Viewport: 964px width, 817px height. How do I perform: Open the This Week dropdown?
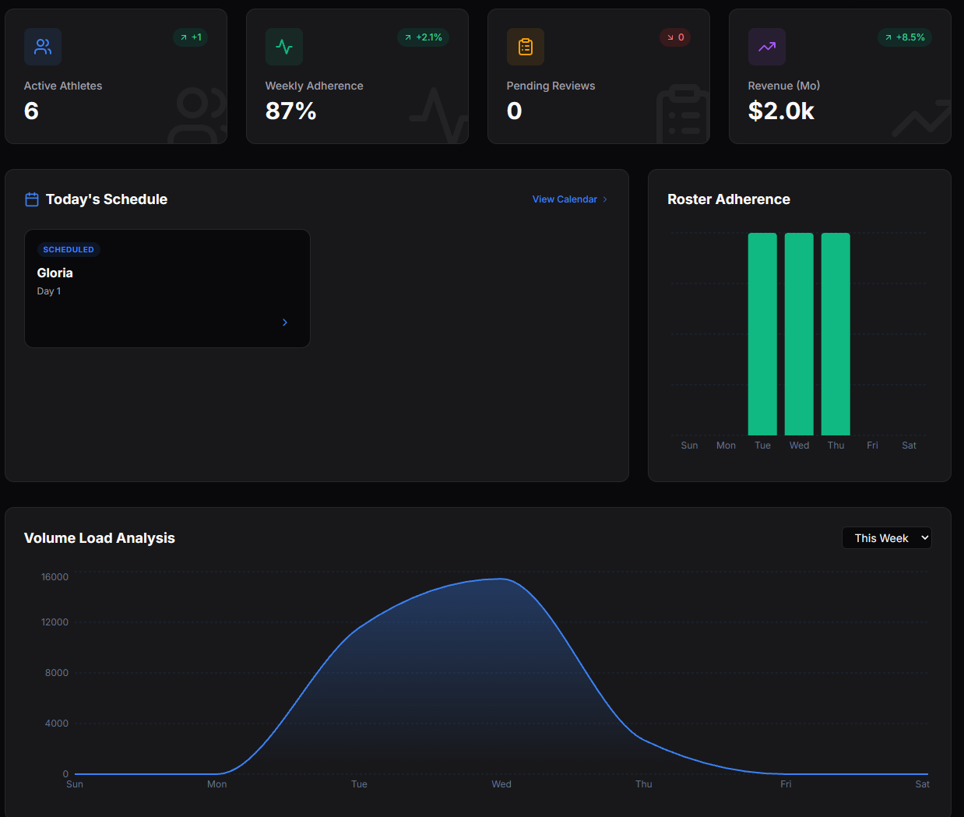pyautogui.click(x=886, y=538)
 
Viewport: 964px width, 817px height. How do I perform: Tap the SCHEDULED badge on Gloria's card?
pyautogui.click(x=69, y=250)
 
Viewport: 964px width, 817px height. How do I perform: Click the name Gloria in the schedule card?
pyautogui.click(x=55, y=273)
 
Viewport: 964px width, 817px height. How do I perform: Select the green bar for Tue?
pyautogui.click(x=762, y=334)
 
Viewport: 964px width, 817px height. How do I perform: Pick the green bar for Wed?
pyautogui.click(x=799, y=334)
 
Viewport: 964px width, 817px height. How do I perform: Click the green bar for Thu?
pyautogui.click(x=836, y=334)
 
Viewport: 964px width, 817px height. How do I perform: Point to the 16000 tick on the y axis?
pyautogui.click(x=55, y=577)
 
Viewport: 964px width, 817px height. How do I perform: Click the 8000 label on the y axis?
pyautogui.click(x=56, y=673)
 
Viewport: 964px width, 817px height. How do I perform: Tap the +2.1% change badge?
pyautogui.click(x=423, y=37)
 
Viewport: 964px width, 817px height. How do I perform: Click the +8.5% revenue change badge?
pyautogui.click(x=904, y=37)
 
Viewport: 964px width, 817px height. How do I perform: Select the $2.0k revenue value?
pyautogui.click(x=780, y=111)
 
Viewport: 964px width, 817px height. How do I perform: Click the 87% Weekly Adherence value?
pyautogui.click(x=290, y=111)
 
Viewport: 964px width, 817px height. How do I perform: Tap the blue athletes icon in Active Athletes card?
pyautogui.click(x=43, y=47)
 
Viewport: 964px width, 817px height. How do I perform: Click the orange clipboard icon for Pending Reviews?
pyautogui.click(x=526, y=47)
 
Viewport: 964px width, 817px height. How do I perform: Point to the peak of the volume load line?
pyautogui.click(x=501, y=579)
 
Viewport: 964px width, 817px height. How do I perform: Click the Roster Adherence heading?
pyautogui.click(x=728, y=199)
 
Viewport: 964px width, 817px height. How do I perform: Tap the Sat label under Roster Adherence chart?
pyautogui.click(x=909, y=445)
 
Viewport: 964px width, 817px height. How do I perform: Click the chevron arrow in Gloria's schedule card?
pyautogui.click(x=285, y=322)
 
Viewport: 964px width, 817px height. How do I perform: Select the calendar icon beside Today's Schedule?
pyautogui.click(x=32, y=199)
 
